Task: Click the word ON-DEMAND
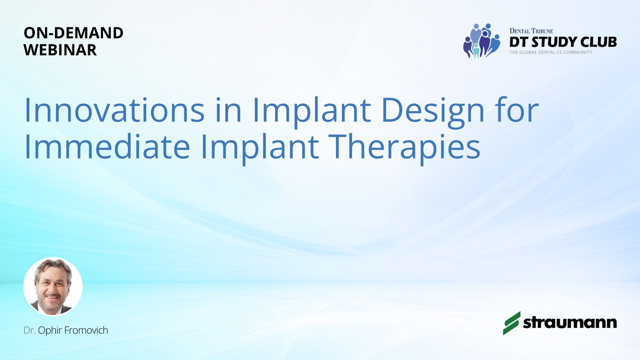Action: pyautogui.click(x=74, y=33)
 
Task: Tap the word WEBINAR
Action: pyautogui.click(x=60, y=50)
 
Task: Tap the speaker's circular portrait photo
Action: pyautogui.click(x=53, y=286)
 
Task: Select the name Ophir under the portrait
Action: pyautogui.click(x=50, y=331)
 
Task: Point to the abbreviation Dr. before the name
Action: pyautogui.click(x=30, y=330)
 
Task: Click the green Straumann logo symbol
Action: pyautogui.click(x=512, y=323)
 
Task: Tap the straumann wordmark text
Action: pyautogui.click(x=570, y=323)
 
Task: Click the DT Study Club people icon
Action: pyautogui.click(x=482, y=41)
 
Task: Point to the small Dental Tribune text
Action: pyautogui.click(x=531, y=31)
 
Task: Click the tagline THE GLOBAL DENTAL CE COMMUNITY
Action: pyautogui.click(x=551, y=52)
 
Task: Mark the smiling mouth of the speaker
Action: pyautogui.click(x=53, y=296)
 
